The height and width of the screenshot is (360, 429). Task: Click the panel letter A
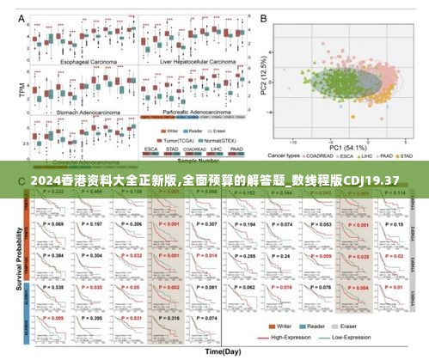click(x=34, y=18)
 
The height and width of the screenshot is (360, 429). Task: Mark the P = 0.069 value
click(x=53, y=223)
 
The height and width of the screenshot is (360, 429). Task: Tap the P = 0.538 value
click(x=53, y=287)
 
